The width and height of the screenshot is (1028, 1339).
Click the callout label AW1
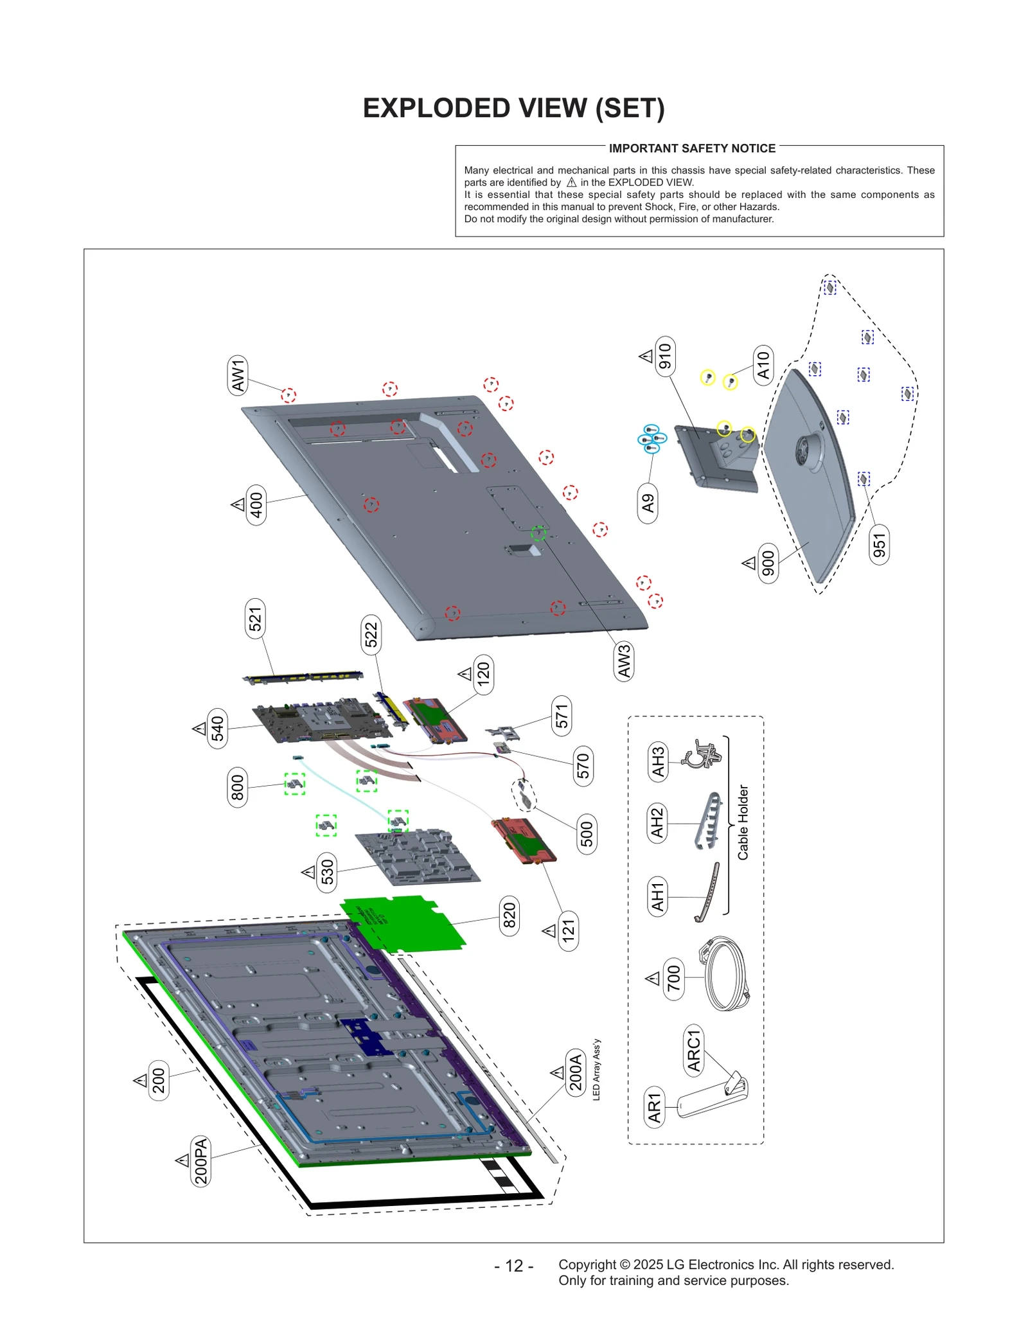click(238, 375)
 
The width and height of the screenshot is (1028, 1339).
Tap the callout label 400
click(256, 505)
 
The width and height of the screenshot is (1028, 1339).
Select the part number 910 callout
click(665, 356)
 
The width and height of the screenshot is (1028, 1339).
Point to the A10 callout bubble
click(763, 365)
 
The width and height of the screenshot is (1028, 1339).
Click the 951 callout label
click(879, 545)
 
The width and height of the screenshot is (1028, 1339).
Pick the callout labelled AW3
click(623, 661)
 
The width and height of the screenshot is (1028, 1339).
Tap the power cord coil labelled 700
click(726, 975)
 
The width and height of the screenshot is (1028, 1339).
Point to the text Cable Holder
click(743, 822)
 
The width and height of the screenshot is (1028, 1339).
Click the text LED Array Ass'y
click(596, 1069)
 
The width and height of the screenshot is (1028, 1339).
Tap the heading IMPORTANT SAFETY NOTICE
click(691, 148)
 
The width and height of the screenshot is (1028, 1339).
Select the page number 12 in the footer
click(514, 1265)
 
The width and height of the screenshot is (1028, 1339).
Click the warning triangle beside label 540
click(199, 729)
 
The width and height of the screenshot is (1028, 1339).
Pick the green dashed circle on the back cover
click(538, 533)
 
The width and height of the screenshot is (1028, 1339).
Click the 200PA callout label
click(201, 1161)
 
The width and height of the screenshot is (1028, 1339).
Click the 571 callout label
click(562, 716)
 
